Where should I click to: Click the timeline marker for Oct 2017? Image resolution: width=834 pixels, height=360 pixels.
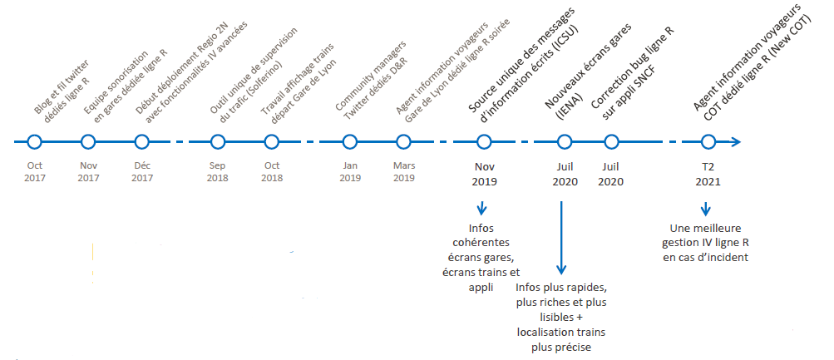(x=34, y=142)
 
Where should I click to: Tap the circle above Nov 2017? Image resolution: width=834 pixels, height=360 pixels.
(x=88, y=142)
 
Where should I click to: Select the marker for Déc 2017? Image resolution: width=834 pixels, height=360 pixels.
(x=142, y=142)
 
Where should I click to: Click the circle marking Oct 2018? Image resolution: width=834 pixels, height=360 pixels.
(x=271, y=142)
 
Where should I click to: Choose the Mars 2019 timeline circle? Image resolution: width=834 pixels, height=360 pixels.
(x=403, y=142)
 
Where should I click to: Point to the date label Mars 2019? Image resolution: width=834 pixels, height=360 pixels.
(x=403, y=171)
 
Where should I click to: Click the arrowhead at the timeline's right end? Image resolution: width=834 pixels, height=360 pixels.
(x=735, y=142)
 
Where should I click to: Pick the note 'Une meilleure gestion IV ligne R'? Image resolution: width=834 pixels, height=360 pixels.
(x=706, y=242)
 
